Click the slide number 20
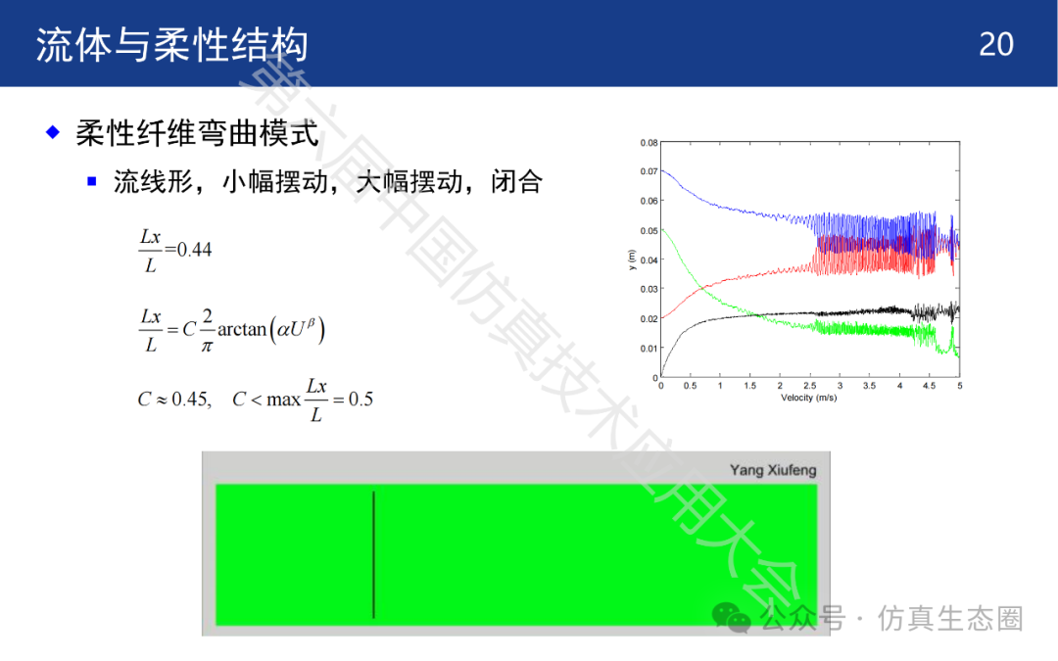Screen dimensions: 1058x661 point(996,44)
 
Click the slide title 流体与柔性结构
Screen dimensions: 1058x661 point(172,45)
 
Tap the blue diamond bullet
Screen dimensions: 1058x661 point(53,131)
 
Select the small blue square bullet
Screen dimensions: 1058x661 point(92,181)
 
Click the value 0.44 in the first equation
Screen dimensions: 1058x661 point(194,250)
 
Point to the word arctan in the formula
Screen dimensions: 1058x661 point(242,329)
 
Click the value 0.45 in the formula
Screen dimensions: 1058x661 point(189,400)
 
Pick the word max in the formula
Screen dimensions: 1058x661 point(283,400)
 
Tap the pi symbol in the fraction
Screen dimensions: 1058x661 point(207,347)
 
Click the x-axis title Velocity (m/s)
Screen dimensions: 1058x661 point(808,398)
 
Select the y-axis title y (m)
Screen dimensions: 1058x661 point(632,260)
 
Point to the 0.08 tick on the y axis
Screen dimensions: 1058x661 point(649,143)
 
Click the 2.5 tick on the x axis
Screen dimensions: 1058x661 point(810,386)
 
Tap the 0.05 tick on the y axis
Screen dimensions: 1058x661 point(649,231)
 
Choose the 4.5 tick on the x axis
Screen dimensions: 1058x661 point(929,386)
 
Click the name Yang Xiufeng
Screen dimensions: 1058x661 point(773,469)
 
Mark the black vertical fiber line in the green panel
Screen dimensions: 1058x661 point(373,554)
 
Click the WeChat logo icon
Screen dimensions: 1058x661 point(732,617)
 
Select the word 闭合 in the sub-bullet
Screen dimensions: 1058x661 point(516,181)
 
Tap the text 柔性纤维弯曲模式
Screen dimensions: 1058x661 point(197,132)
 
